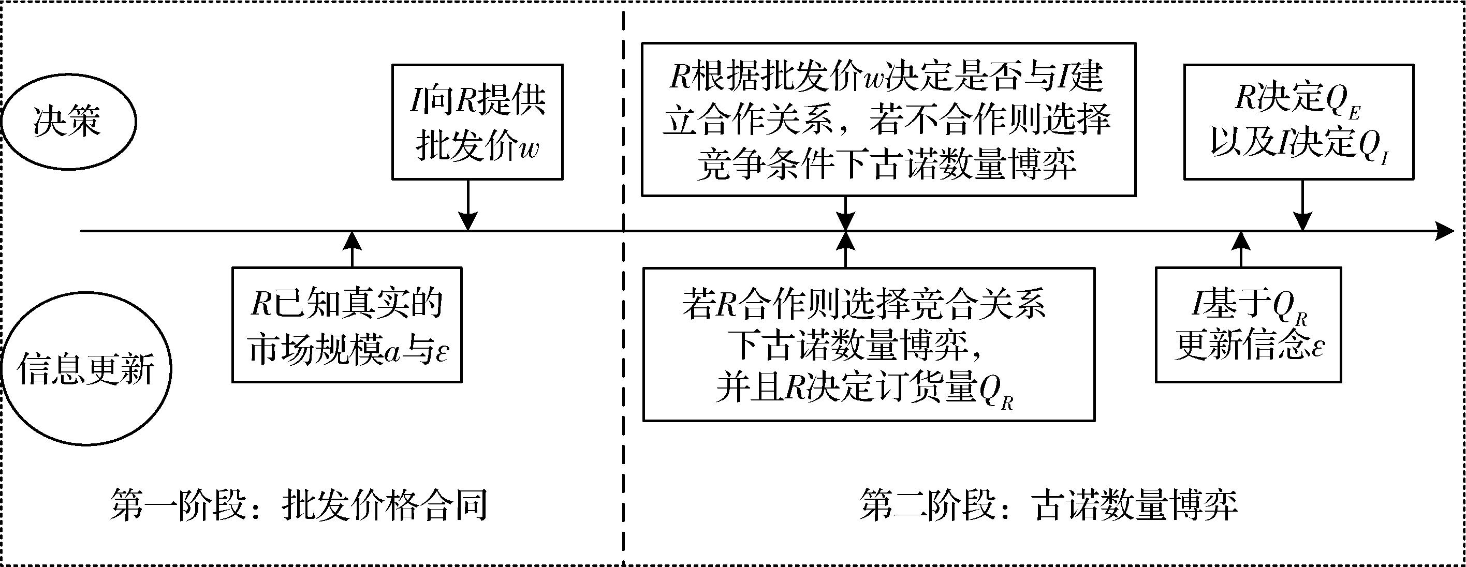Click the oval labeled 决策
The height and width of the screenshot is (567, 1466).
tap(68, 121)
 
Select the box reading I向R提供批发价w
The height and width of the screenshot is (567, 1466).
tap(477, 122)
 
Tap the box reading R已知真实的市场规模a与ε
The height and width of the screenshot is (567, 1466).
tap(347, 325)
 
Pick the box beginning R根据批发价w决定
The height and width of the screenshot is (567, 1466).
tap(888, 120)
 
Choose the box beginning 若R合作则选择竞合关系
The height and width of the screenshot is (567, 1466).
tap(869, 344)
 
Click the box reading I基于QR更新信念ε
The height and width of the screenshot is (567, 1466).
tap(1248, 325)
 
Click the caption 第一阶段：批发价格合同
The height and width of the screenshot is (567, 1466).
tap(299, 504)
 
